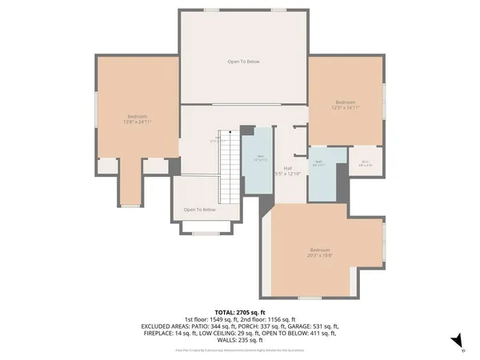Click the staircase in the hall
point(229,168)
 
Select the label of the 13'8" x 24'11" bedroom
point(137,119)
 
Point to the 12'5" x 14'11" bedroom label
point(346,104)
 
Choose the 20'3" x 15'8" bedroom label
point(319,253)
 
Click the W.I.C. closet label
point(366,164)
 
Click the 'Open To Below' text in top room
point(243,62)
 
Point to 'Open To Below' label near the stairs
point(200,210)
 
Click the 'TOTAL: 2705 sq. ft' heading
point(240,311)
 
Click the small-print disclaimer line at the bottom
point(240,349)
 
